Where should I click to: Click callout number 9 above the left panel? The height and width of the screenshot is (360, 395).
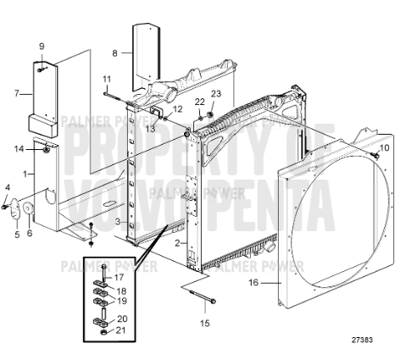[x=42, y=45]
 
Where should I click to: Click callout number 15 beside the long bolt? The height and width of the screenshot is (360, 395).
[x=204, y=322]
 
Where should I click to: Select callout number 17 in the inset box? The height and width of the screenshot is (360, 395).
[x=120, y=276]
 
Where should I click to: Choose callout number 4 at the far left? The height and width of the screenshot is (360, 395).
[x=7, y=187]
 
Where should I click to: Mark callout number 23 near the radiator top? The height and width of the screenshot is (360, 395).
[x=215, y=93]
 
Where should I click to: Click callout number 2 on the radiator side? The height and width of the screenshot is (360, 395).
[x=176, y=243]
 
